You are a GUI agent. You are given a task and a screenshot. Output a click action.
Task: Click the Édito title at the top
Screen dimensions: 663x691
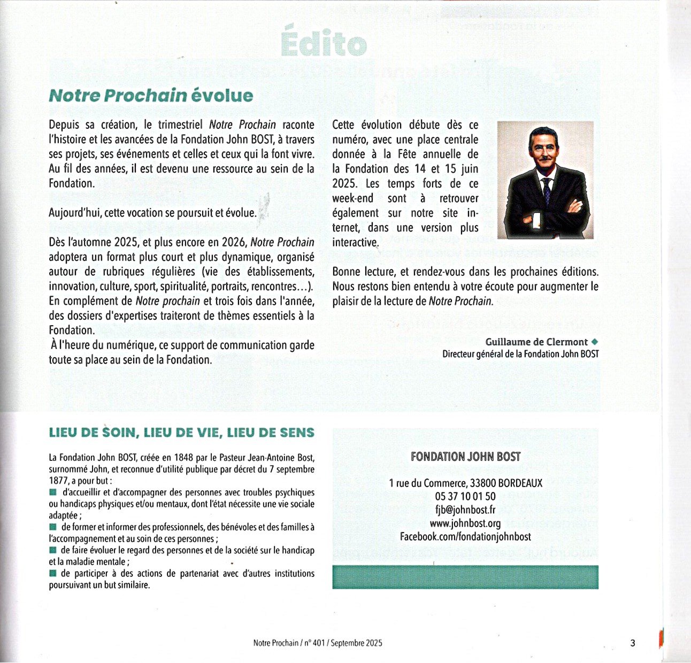324,43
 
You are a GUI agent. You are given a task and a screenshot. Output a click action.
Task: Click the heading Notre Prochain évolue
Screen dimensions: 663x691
151,96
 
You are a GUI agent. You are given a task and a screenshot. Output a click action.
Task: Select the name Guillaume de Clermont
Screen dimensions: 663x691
536,342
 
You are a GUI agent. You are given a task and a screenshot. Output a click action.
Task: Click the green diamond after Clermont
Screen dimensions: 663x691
595,342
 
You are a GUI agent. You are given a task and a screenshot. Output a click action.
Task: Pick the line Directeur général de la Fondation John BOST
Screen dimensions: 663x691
520,354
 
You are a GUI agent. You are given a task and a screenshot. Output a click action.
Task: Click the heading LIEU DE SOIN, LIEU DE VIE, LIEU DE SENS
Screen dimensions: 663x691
181,433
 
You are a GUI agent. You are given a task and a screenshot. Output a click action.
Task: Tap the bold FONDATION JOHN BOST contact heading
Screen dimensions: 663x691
465,457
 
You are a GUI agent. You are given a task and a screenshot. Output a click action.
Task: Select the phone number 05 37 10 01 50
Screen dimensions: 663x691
465,497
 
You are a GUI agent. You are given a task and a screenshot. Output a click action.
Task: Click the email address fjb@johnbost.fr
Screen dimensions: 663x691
465,510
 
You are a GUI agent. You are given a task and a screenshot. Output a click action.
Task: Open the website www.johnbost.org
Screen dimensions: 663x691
465,523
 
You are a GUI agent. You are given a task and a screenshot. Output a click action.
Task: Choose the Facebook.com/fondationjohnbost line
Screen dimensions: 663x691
465,537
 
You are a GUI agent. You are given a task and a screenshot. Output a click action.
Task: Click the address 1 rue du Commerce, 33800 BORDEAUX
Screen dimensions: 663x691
465,483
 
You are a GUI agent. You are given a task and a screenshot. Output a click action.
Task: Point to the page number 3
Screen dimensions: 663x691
633,643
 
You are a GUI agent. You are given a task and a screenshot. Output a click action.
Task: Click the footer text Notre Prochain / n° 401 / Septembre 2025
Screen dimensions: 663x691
318,643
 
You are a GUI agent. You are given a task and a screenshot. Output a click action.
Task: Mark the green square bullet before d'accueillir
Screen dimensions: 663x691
52,492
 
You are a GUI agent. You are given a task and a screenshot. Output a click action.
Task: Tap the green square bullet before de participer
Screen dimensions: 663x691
52,573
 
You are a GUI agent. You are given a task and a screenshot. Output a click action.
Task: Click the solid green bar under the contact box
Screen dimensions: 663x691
465,577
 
